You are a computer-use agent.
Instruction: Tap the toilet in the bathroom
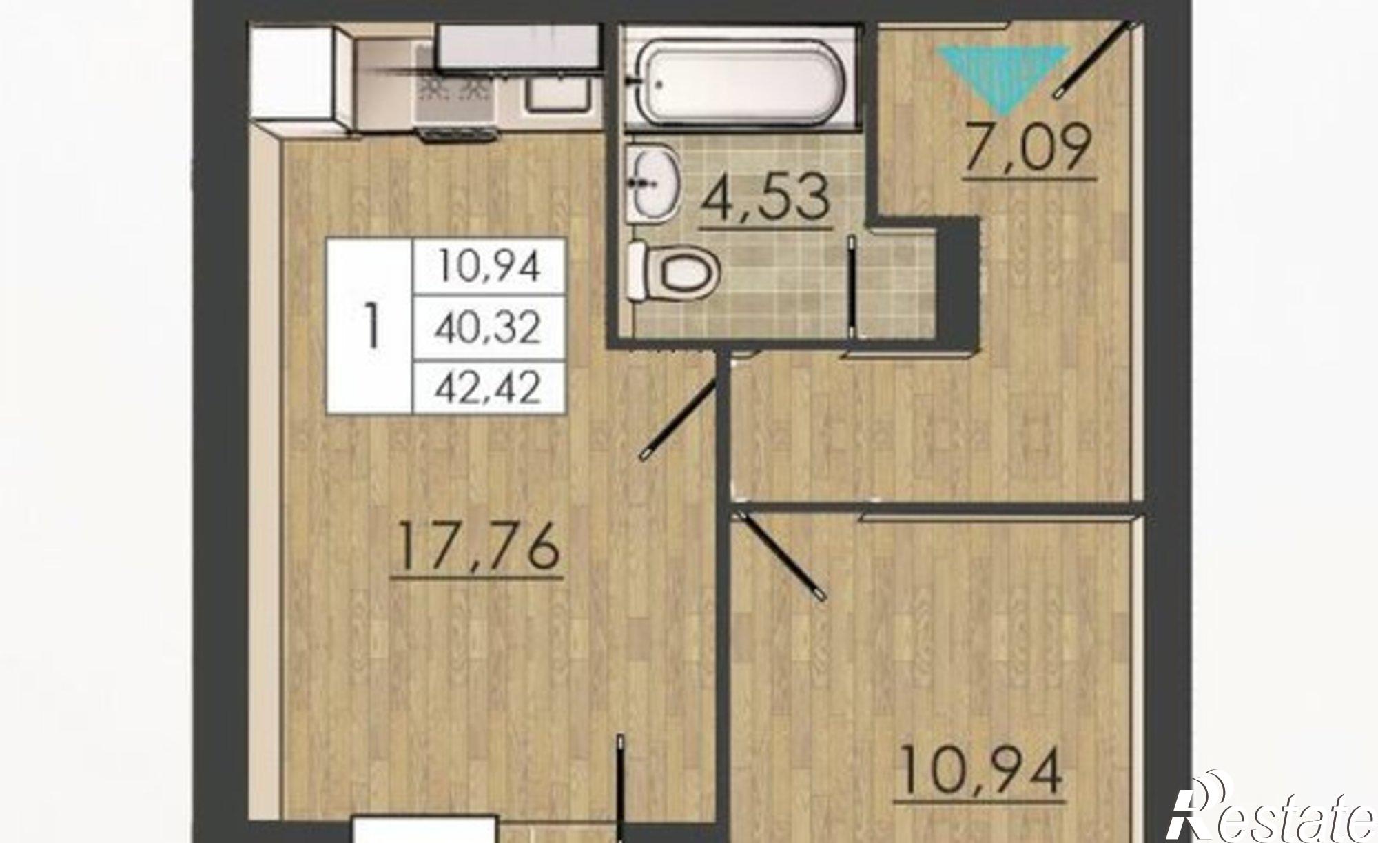tap(674, 270)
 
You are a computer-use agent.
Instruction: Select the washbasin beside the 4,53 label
tap(652, 183)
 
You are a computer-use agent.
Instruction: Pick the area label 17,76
tap(478, 549)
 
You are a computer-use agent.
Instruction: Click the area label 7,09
tap(1029, 150)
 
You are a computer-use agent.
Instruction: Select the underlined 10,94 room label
tap(980, 773)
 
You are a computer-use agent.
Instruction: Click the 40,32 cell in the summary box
tap(488, 327)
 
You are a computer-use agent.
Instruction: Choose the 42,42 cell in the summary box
tap(488, 387)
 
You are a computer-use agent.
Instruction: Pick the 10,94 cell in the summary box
tap(488, 267)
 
